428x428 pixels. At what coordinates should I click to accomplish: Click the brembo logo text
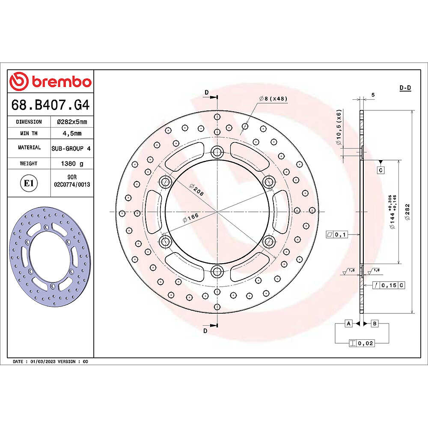click(x=61, y=82)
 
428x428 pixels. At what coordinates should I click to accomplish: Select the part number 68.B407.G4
click(x=51, y=105)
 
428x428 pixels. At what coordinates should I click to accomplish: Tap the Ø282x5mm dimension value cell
click(x=72, y=122)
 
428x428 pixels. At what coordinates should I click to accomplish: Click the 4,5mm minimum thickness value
click(x=72, y=133)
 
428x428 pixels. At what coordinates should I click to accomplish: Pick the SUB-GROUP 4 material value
click(x=71, y=148)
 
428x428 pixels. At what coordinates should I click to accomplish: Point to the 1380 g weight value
click(x=72, y=163)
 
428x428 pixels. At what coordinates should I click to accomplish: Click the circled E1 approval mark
click(x=29, y=183)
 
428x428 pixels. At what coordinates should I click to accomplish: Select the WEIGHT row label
click(x=29, y=163)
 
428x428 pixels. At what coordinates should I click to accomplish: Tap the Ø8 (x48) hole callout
click(x=273, y=98)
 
